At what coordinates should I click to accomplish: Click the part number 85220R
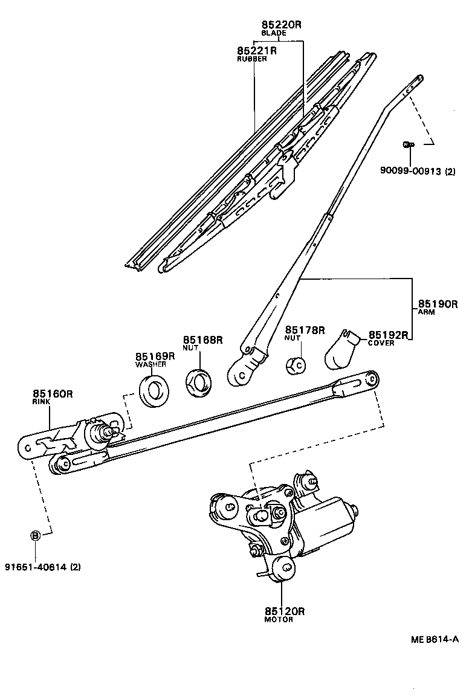281,25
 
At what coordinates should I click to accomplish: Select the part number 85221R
257,51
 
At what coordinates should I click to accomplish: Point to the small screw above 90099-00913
408,144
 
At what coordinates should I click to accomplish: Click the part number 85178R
305,330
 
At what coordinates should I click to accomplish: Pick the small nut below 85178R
296,366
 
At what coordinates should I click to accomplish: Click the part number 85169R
155,356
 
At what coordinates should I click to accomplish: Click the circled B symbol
35,535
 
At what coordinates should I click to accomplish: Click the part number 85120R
284,611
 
